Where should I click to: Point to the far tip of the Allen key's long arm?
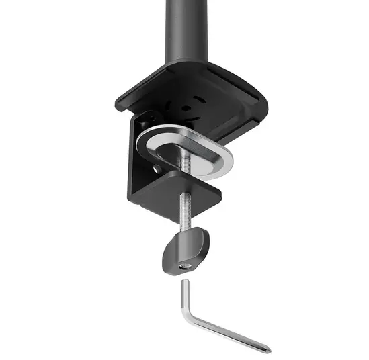[268, 349]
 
